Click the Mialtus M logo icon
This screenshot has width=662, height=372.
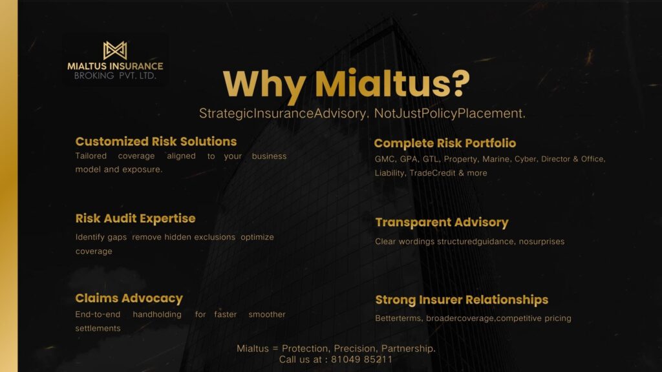[115, 50]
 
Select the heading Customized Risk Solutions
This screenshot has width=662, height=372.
[156, 141]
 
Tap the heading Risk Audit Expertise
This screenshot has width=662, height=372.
[135, 218]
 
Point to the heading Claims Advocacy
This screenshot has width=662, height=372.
[129, 298]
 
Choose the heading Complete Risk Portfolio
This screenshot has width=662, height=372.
[445, 143]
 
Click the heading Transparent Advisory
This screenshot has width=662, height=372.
[442, 222]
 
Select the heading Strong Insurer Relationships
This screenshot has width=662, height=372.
[462, 300]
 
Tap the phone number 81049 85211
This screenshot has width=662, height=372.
[361, 359]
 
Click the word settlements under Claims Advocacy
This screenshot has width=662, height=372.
[98, 328]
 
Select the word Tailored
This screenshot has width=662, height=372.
[91, 156]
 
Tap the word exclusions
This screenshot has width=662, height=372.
[215, 237]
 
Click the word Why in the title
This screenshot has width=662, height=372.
[264, 85]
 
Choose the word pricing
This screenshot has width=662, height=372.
[557, 318]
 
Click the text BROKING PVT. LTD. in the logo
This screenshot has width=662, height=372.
[115, 76]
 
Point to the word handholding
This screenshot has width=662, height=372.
[157, 315]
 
